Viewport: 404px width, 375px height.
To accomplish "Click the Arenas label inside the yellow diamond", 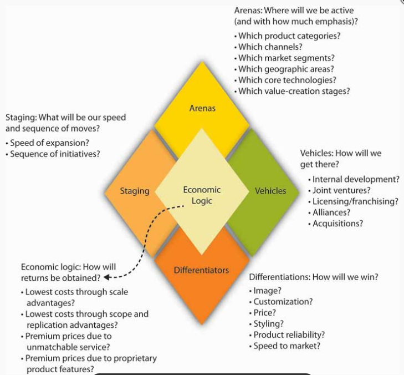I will click(202, 108).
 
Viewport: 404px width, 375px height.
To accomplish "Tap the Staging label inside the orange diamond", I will click(135, 191).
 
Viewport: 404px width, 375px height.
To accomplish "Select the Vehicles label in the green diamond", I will click(270, 191).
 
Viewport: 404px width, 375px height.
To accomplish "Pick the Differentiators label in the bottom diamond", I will click(201, 270).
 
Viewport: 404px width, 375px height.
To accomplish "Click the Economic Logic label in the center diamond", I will click(202, 195).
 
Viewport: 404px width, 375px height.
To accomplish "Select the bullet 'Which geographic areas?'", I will click(286, 69).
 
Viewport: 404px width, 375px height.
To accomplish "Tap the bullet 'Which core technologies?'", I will click(287, 80).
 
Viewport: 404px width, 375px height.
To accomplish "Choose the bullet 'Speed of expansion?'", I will click(49, 143).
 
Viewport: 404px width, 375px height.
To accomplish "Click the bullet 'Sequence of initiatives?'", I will click(55, 154).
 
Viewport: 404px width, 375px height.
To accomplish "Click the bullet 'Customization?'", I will click(283, 302).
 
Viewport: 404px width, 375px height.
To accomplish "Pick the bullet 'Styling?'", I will click(268, 324).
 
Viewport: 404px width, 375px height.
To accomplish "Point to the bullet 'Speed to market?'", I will click(287, 346).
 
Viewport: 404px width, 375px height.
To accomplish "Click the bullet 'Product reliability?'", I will click(289, 335).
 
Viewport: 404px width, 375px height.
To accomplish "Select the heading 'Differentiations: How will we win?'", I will click(314, 277).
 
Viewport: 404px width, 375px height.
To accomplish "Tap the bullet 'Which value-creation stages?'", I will click(294, 91).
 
